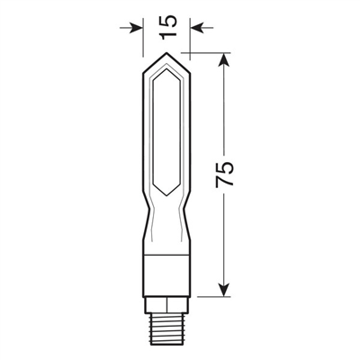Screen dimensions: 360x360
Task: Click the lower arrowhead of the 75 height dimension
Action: [x=223, y=295]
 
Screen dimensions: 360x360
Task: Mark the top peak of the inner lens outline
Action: [x=166, y=70]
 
